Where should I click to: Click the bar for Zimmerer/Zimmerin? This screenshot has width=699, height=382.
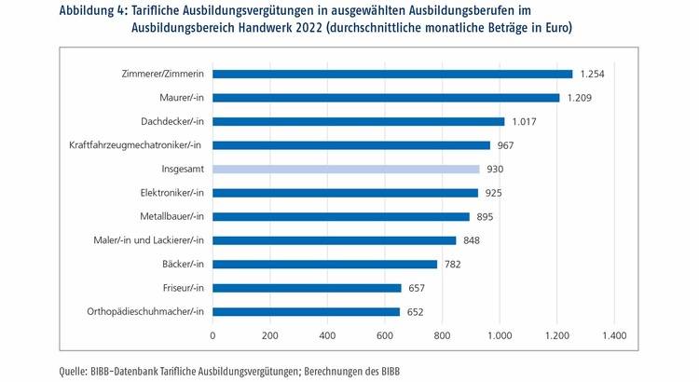coord(392,74)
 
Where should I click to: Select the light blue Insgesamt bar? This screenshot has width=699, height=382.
coord(346,169)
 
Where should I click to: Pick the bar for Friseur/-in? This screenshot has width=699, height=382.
coord(307,288)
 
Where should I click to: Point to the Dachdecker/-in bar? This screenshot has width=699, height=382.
coord(358,121)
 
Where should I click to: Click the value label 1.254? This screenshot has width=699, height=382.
coord(594,74)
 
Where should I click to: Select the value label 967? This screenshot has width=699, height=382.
coord(506,145)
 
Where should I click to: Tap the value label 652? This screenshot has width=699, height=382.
coord(416,312)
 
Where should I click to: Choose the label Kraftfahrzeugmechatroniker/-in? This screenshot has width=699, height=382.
coord(136,145)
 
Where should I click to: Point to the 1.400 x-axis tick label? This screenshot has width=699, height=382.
coord(614,334)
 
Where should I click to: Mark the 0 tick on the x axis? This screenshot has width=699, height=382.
coord(212,334)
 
